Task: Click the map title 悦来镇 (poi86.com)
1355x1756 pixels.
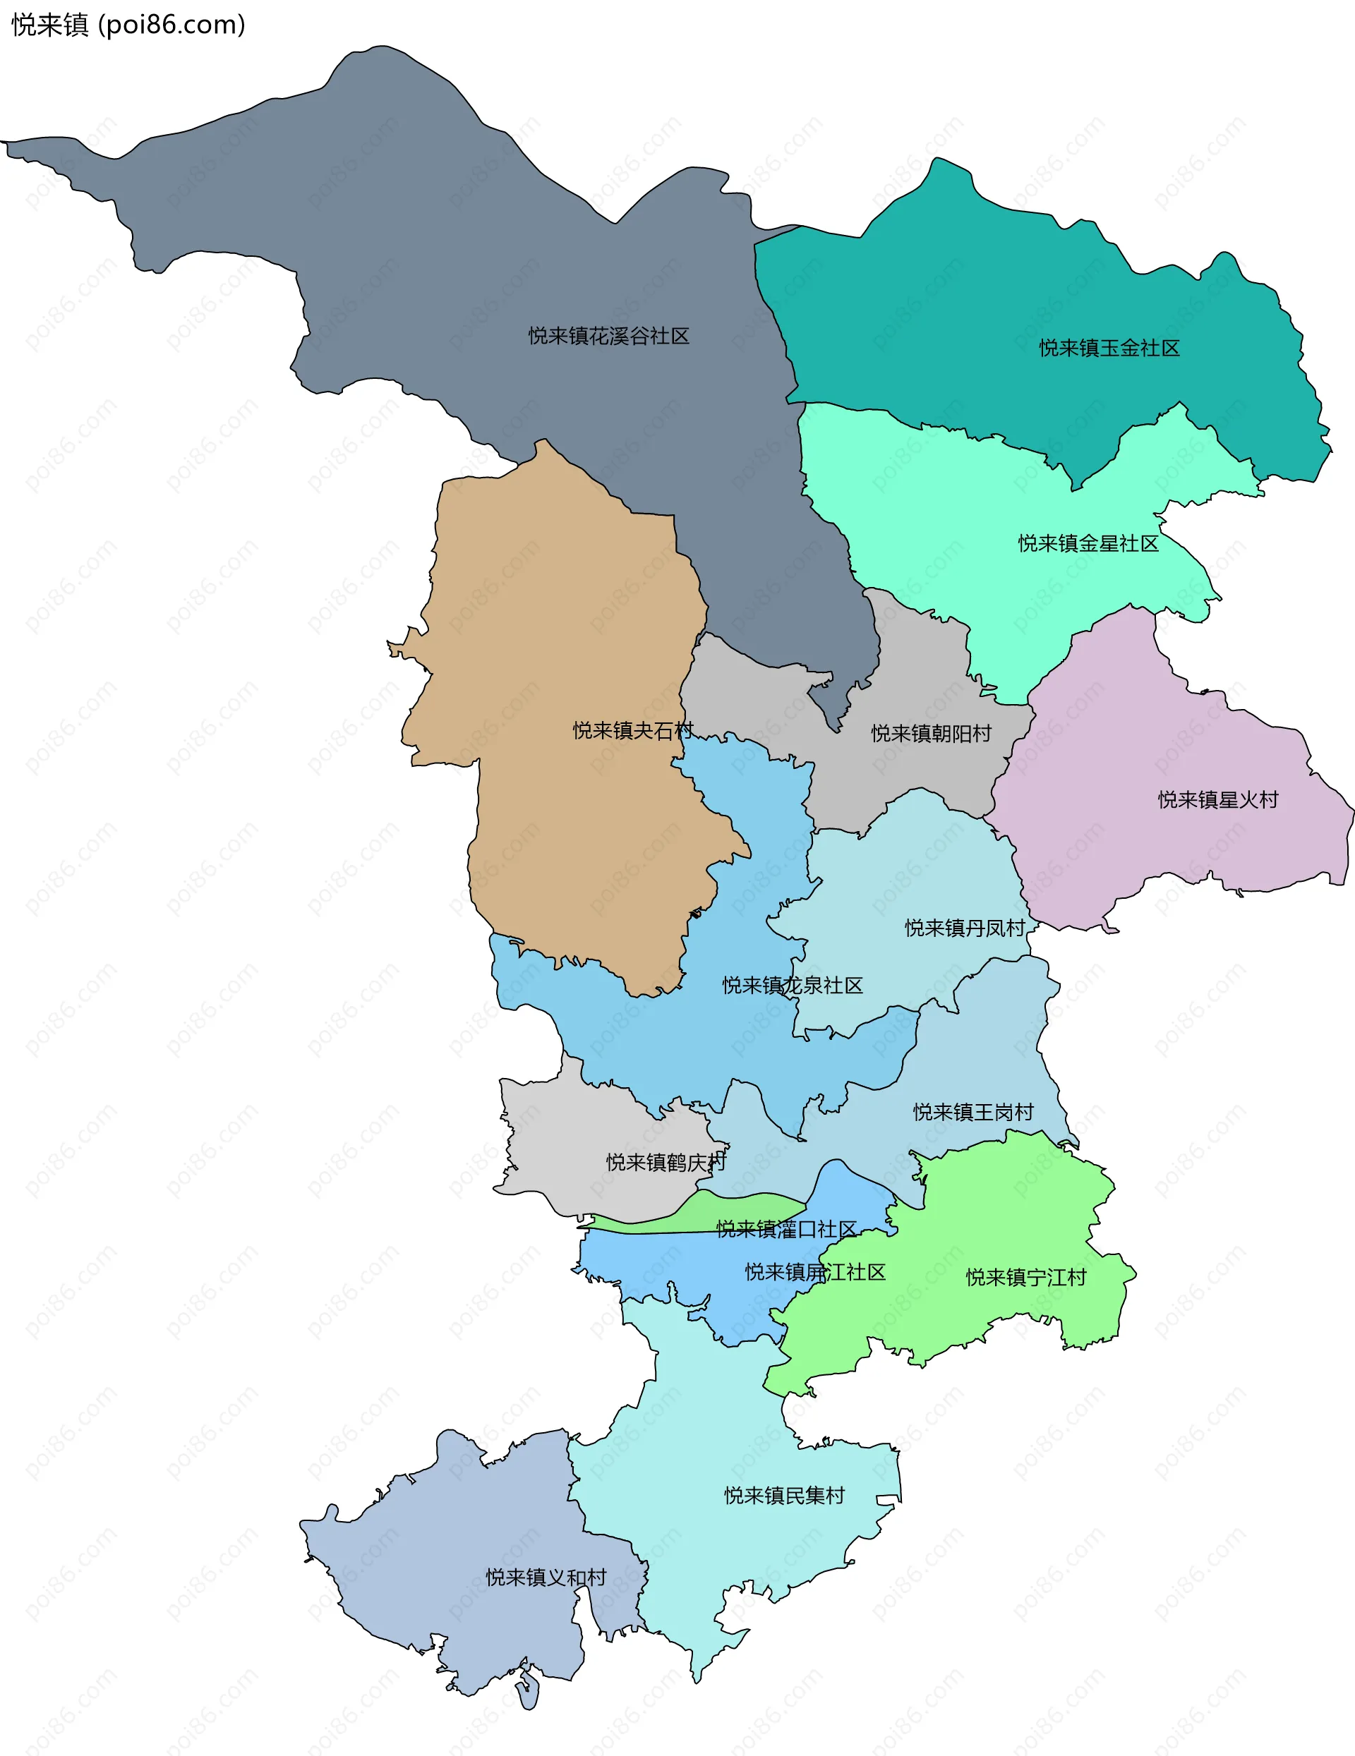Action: pyautogui.click(x=128, y=25)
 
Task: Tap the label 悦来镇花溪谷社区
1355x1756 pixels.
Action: pyautogui.click(x=609, y=336)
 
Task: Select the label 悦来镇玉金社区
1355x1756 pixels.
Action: pyautogui.click(x=1109, y=348)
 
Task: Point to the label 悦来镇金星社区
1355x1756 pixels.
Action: pyautogui.click(x=1088, y=543)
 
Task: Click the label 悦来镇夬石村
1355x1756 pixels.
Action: pyautogui.click(x=633, y=730)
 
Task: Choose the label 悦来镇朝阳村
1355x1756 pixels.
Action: pyautogui.click(x=932, y=733)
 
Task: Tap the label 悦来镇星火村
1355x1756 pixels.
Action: pyautogui.click(x=1217, y=799)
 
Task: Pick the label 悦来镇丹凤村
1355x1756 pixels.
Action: pyautogui.click(x=965, y=928)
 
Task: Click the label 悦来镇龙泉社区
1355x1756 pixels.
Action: pyautogui.click(x=792, y=985)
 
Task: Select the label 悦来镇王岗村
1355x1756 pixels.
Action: pyautogui.click(x=973, y=1112)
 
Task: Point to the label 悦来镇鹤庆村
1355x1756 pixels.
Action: pyautogui.click(x=666, y=1162)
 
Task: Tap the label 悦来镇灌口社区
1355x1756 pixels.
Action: pyautogui.click(x=785, y=1228)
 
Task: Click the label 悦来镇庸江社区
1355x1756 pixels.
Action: pyautogui.click(x=814, y=1271)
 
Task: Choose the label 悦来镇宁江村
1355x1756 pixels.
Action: pyautogui.click(x=1025, y=1277)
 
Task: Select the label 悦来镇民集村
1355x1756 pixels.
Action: pyautogui.click(x=784, y=1495)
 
